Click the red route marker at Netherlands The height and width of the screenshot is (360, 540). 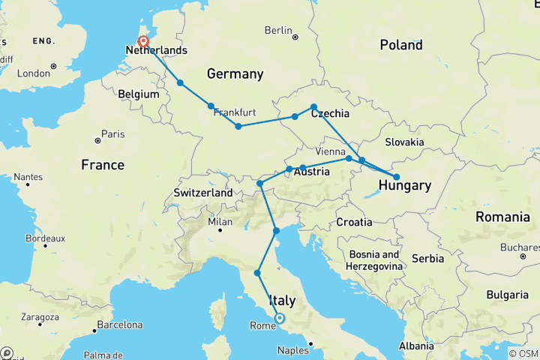[x=142, y=42]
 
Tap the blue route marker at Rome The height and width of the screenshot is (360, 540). [x=279, y=318]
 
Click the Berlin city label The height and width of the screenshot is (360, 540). [x=277, y=31]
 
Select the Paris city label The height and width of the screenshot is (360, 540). [x=112, y=135]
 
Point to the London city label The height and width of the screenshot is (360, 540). [x=33, y=73]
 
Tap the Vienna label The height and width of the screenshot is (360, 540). [x=331, y=151]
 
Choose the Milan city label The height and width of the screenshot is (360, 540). [x=220, y=222]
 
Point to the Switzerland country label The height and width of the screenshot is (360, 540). [x=203, y=193]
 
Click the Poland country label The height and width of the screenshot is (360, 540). [x=400, y=45]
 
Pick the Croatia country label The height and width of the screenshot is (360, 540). [x=354, y=222]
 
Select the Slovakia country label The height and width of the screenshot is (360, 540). [x=405, y=142]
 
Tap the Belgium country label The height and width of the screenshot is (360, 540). [x=139, y=94]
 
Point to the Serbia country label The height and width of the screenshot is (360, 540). [x=427, y=258]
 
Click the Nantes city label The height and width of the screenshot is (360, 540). [x=27, y=177]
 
